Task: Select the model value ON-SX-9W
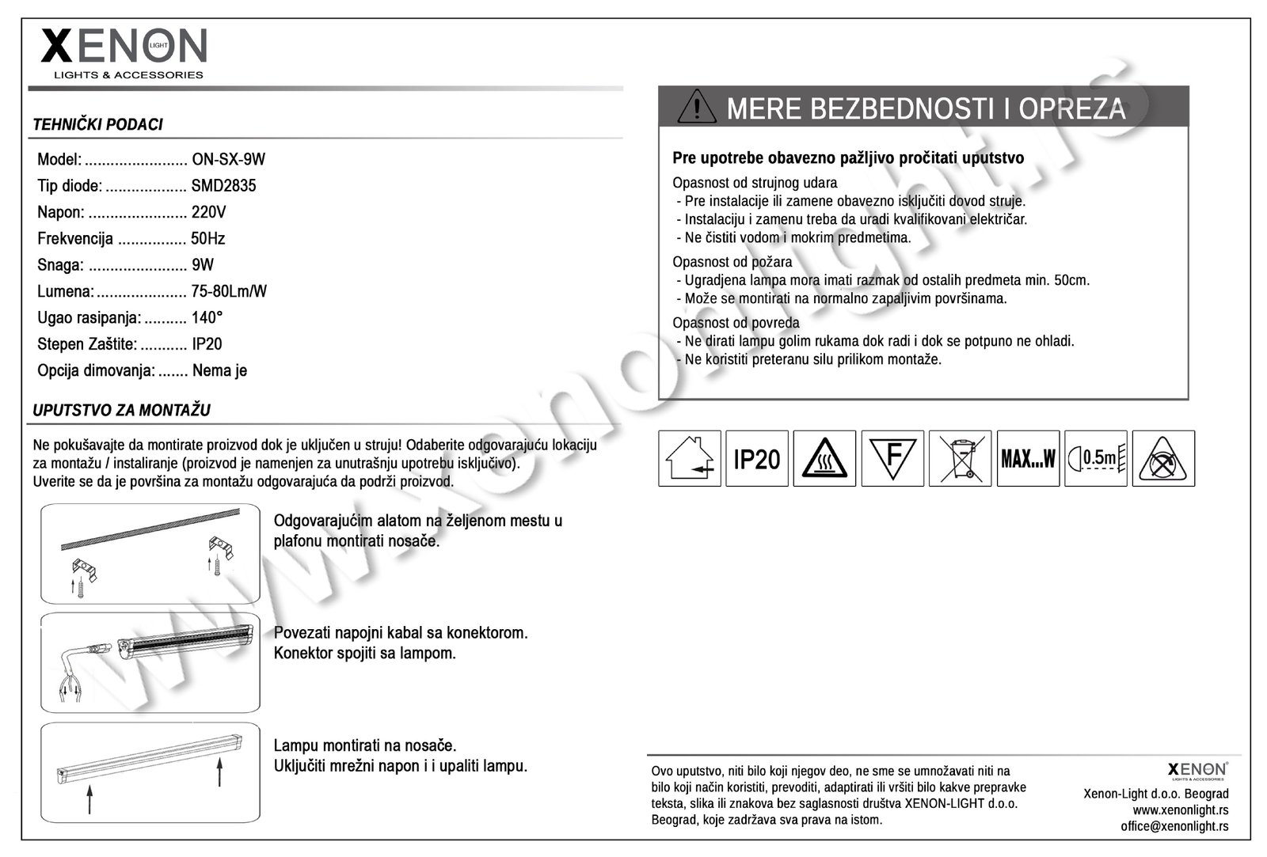coord(228,159)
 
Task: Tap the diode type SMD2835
coord(223,186)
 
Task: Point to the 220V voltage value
coord(208,212)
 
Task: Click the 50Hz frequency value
coord(207,238)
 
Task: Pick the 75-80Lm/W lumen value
coord(228,291)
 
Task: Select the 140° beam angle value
coord(207,317)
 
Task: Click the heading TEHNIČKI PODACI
coord(97,124)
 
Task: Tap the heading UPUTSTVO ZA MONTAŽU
coord(121,410)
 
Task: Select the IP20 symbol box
coord(757,458)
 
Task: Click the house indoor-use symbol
coord(689,458)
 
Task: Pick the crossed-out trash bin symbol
coord(960,458)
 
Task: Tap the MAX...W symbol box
coord(1028,458)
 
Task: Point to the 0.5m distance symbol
coord(1096,458)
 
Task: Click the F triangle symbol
coord(892,458)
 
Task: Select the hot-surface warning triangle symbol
coord(824,458)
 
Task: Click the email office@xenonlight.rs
coord(1174,825)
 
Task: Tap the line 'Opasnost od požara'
coord(732,262)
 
